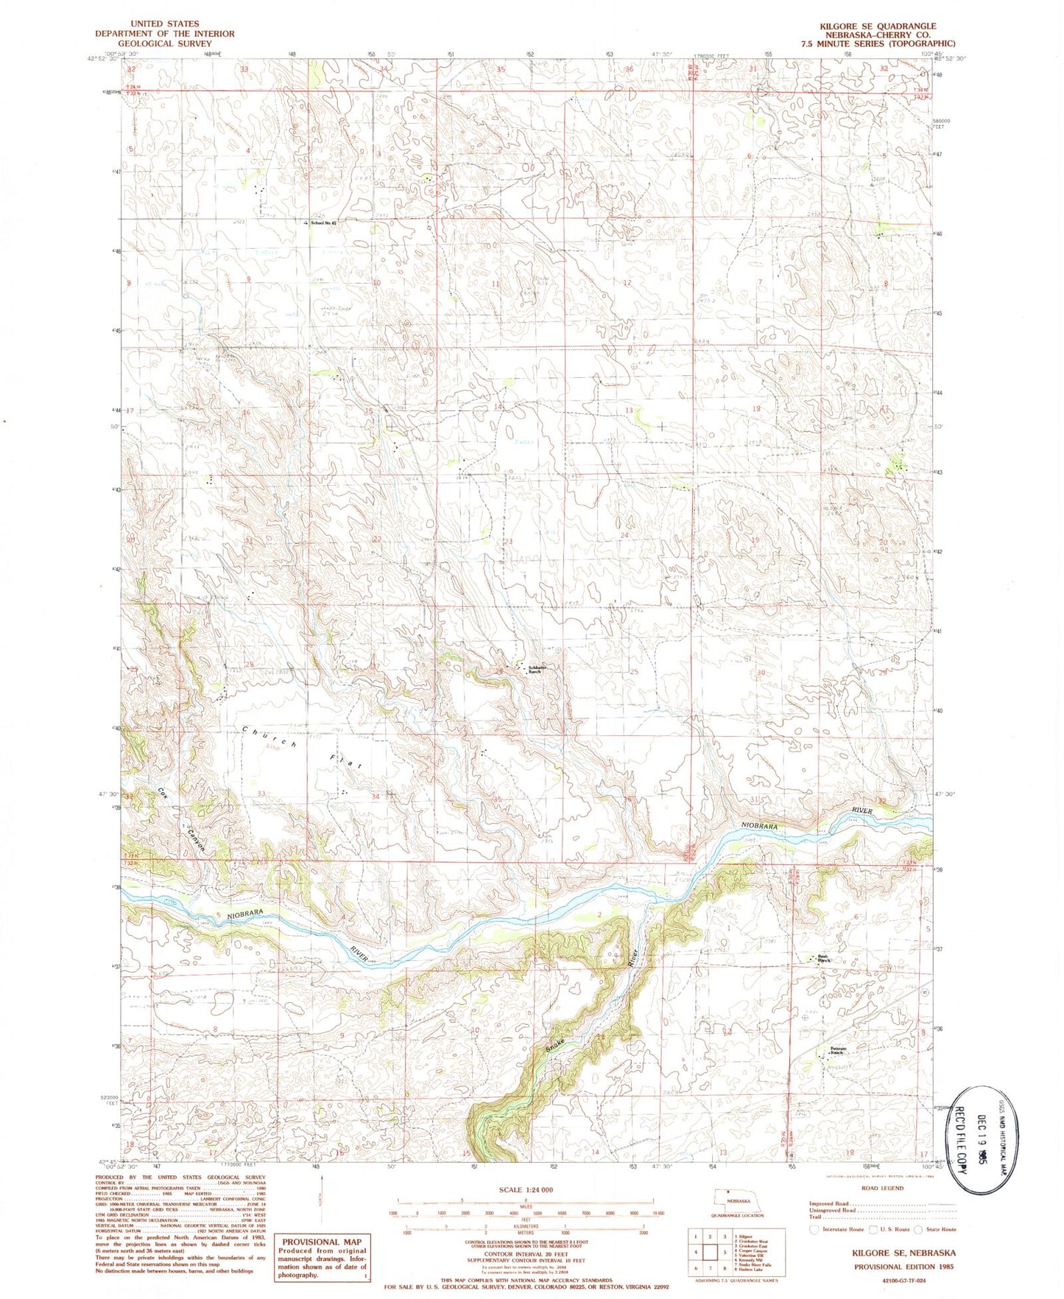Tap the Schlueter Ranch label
tap(535, 670)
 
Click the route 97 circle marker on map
tap(923, 992)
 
